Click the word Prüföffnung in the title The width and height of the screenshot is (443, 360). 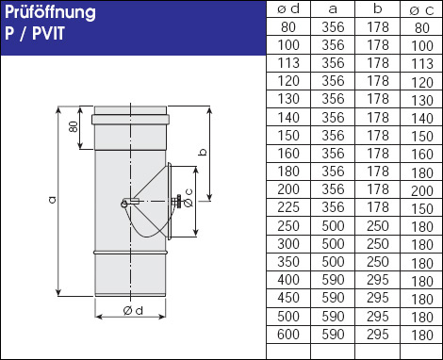pos(50,13)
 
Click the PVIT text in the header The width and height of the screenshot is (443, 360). pos(48,33)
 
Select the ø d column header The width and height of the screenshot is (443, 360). pos(288,9)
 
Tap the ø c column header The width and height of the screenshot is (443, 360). pos(421,10)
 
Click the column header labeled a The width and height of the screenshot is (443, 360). pos(333,9)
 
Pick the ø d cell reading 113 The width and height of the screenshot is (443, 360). pos(288,63)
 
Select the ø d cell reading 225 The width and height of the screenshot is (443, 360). pos(288,207)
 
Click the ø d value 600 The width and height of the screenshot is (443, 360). pos(288,335)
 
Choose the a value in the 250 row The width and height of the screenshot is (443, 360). pos(333,226)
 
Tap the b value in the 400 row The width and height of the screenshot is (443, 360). pos(378,280)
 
